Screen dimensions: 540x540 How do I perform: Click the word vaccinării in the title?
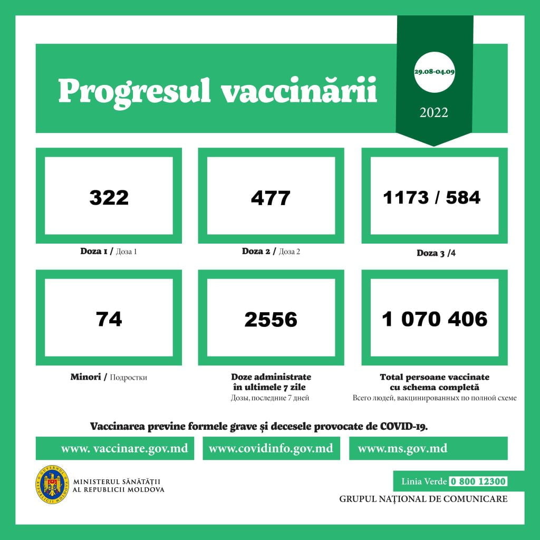(298, 91)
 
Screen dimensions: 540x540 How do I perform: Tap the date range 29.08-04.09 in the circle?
(435, 72)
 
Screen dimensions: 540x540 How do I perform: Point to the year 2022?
(434, 112)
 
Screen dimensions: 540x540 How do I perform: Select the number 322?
(109, 197)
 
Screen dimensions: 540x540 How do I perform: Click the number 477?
(271, 198)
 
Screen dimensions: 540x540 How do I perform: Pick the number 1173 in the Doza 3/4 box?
(407, 197)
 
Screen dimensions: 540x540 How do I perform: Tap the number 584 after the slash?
(462, 197)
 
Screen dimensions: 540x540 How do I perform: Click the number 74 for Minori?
(109, 319)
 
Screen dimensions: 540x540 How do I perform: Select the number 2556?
(271, 320)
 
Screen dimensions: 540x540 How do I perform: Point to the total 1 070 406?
(435, 319)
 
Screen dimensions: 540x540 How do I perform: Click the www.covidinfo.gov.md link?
(271, 449)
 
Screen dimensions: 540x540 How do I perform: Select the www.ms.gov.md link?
(402, 449)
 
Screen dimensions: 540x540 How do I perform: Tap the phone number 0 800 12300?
(478, 481)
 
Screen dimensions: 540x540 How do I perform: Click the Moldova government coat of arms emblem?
(52, 484)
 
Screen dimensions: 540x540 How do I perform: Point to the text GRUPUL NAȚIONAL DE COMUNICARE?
(423, 499)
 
